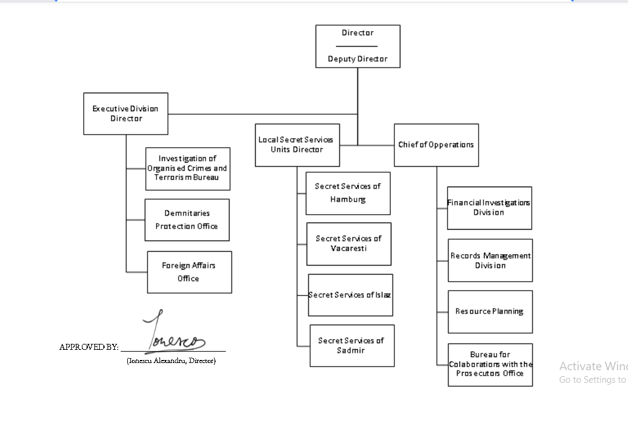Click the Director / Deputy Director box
pyautogui.click(x=357, y=46)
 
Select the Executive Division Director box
pyautogui.click(x=125, y=114)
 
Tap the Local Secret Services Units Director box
pyautogui.click(x=297, y=145)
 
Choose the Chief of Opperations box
pyautogui.click(x=436, y=145)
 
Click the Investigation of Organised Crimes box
pyautogui.click(x=188, y=169)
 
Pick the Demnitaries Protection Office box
pyautogui.click(x=187, y=219)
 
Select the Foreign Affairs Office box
pyautogui.click(x=189, y=272)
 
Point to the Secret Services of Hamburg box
pyautogui.click(x=348, y=193)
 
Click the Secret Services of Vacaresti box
pyautogui.click(x=348, y=243)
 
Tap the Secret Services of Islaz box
pyautogui.click(x=350, y=295)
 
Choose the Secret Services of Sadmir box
pyautogui.click(x=351, y=346)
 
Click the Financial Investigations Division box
pyautogui.click(x=489, y=208)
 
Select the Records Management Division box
pyautogui.click(x=490, y=260)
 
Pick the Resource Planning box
pyautogui.click(x=490, y=312)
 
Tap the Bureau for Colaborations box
pyautogui.click(x=490, y=364)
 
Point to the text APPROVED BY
pyautogui.click(x=89, y=347)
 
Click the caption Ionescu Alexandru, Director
pyautogui.click(x=171, y=361)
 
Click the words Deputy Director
pyautogui.click(x=357, y=59)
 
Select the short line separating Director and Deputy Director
pyautogui.click(x=357, y=46)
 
